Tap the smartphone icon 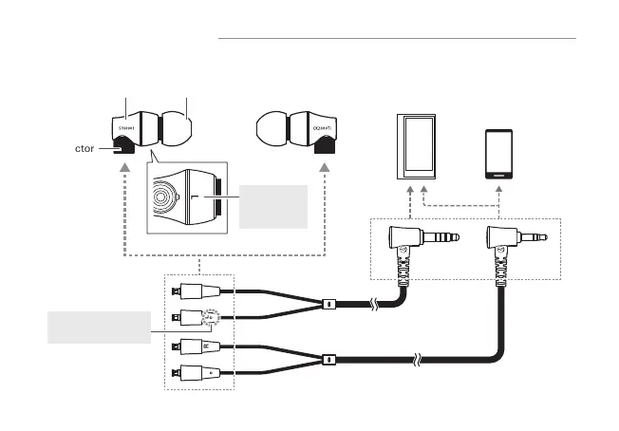pyautogui.click(x=500, y=154)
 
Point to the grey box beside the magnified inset pyautogui.click(x=274, y=206)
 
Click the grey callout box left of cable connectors pyautogui.click(x=98, y=328)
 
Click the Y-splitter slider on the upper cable pyautogui.click(x=328, y=305)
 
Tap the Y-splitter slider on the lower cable pyautogui.click(x=328, y=361)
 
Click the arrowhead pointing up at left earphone pyautogui.click(x=124, y=167)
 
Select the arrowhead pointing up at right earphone pyautogui.click(x=326, y=167)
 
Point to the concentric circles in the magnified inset pyautogui.click(x=165, y=199)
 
